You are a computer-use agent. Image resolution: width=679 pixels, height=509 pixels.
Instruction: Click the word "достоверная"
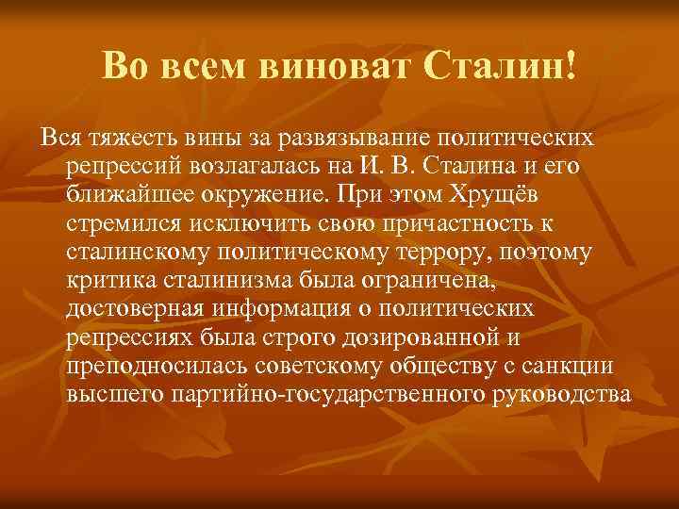pos(137,311)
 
